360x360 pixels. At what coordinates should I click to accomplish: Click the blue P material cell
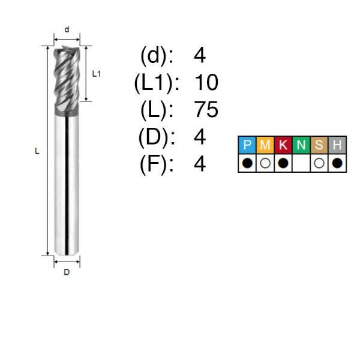click(x=247, y=145)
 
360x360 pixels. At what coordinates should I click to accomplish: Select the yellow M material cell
click(x=265, y=145)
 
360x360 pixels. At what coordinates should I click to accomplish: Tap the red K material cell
click(x=283, y=145)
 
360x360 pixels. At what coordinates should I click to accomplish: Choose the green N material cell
click(x=301, y=145)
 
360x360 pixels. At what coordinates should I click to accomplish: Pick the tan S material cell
click(x=319, y=145)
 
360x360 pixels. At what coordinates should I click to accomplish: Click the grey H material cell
click(x=337, y=145)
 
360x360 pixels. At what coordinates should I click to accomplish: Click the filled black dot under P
click(x=247, y=163)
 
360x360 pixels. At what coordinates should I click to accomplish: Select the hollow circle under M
click(x=265, y=163)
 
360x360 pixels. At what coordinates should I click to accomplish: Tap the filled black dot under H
click(x=337, y=163)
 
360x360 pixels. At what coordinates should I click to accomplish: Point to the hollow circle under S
click(x=319, y=163)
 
